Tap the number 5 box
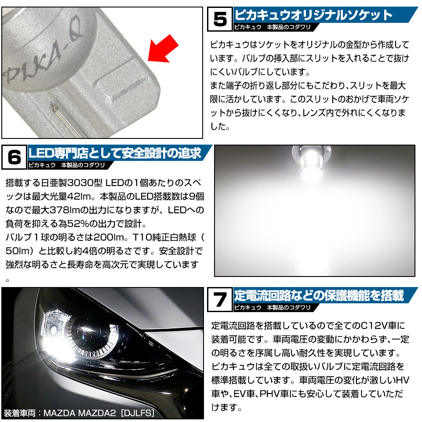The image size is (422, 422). coord(220,19)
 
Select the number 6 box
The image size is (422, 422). coord(14,157)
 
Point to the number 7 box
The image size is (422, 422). coord(220,299)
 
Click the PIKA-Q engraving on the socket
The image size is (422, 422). coord(43,51)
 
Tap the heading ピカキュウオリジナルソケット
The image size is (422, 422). coord(313,15)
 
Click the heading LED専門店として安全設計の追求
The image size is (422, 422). coord(115,153)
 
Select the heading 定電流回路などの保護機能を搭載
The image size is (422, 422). coord(319,295)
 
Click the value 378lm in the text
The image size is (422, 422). coord(65,210)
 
